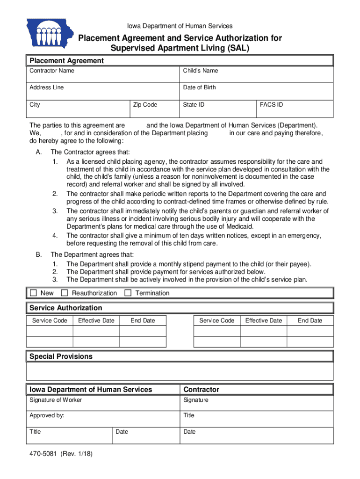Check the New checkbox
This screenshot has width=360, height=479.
click(33, 293)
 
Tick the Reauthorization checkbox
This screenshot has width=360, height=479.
click(65, 293)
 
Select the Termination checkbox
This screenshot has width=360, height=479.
click(128, 293)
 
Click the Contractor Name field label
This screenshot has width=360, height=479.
click(51, 71)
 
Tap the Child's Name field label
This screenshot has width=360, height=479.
click(200, 71)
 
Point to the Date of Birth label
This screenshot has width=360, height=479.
click(199, 87)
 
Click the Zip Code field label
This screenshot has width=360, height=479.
click(145, 105)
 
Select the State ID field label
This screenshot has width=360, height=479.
click(194, 105)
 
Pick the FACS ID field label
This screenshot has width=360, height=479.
click(271, 105)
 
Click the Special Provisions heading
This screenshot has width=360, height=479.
click(61, 356)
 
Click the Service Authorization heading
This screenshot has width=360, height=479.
click(65, 308)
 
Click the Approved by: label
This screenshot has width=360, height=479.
click(47, 415)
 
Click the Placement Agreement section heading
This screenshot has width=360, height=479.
click(66, 61)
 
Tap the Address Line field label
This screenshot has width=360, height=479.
click(47, 87)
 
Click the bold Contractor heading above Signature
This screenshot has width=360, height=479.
click(201, 390)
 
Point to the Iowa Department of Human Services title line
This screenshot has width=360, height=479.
click(180, 26)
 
